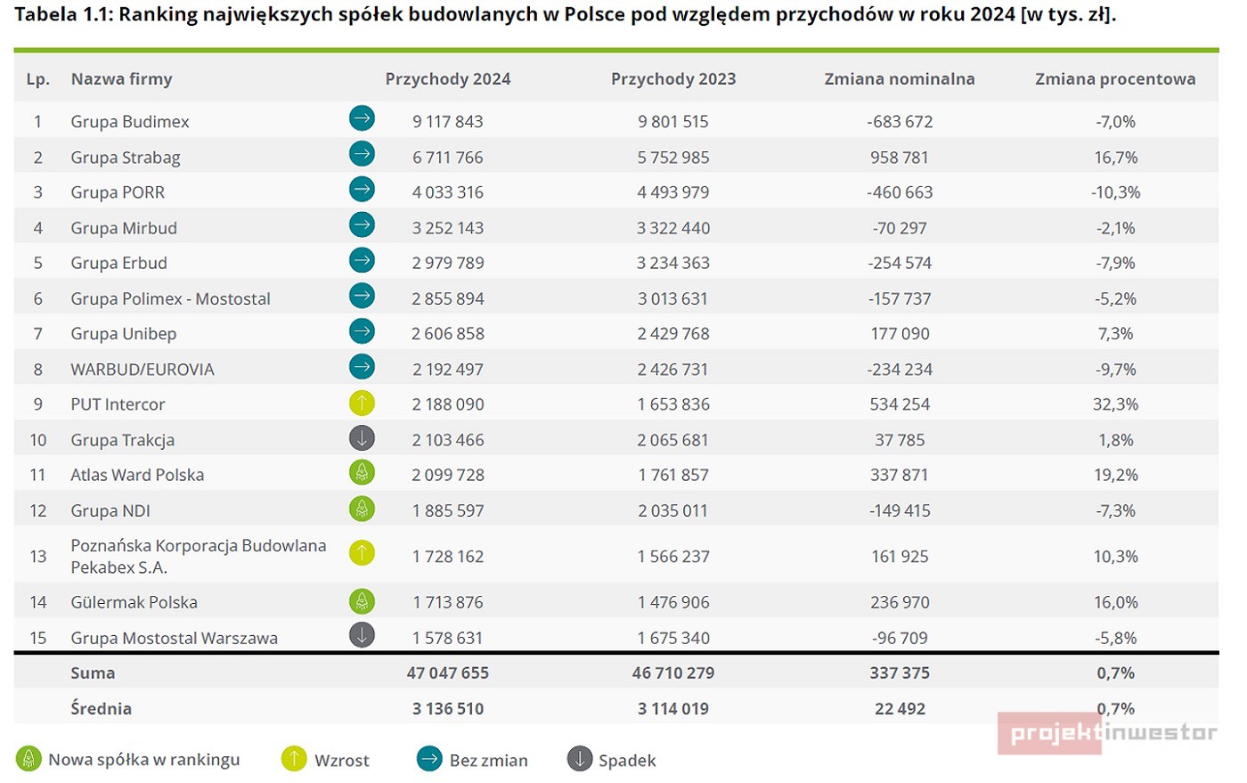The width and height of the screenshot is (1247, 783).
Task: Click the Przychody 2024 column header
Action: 447,79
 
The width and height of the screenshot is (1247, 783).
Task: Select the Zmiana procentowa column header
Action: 1114,79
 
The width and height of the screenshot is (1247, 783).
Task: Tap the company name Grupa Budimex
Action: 130,121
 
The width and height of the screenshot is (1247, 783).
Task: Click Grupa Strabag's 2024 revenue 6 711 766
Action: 447,158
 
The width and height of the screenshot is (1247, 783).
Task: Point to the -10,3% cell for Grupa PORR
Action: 1115,192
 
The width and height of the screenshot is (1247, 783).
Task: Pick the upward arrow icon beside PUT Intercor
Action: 362,404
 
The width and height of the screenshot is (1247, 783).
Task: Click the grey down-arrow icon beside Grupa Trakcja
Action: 362,438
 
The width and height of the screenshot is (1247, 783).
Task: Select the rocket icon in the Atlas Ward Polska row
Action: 362,473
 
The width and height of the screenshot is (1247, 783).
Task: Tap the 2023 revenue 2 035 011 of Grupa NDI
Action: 672,511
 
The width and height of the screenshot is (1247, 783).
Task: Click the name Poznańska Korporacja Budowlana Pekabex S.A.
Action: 198,556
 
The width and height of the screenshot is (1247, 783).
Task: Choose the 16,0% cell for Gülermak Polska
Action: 1115,603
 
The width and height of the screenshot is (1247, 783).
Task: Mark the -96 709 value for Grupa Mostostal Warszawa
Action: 900,639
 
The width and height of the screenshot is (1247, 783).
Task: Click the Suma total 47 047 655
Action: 447,673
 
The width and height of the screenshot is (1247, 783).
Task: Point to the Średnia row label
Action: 101,709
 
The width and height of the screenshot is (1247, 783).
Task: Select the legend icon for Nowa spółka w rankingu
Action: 29,759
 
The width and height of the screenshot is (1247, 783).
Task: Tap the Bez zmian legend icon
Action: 429,760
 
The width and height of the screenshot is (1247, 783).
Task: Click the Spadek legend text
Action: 627,761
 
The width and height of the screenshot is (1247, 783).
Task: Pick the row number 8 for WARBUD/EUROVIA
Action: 37,370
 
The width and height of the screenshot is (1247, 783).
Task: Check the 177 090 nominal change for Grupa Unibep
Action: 900,334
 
